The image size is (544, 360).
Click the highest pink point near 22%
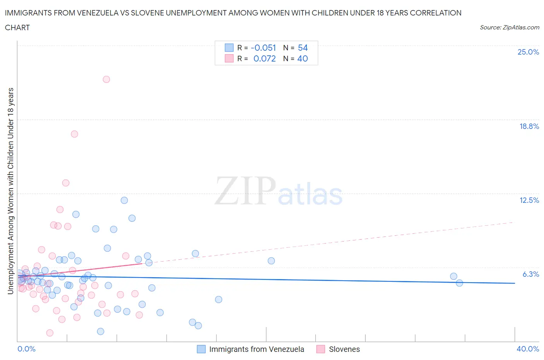coord(106,79)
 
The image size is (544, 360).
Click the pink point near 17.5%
coord(74,134)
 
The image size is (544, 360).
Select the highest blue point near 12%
coord(124,200)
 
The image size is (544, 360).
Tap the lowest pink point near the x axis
coord(50,333)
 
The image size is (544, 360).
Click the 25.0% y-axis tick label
coord(528,52)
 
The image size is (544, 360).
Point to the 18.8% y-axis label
coord(529,126)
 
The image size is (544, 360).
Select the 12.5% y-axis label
coord(529,200)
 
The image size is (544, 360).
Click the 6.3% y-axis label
coord(530,274)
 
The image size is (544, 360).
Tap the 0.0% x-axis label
coord(26,349)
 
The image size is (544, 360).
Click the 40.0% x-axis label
coord(528,349)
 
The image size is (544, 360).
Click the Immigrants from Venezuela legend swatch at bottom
coord(201,349)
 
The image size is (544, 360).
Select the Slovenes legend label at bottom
coord(344,349)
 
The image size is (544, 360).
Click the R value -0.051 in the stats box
coord(263,48)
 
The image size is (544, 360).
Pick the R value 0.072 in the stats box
coord(264,58)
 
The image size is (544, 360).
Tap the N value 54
coord(303,48)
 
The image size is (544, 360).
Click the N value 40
coord(303,58)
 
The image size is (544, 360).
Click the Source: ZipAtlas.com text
coord(509,27)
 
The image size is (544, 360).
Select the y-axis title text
coord(10,191)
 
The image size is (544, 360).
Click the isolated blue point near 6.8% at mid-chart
coord(271,261)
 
